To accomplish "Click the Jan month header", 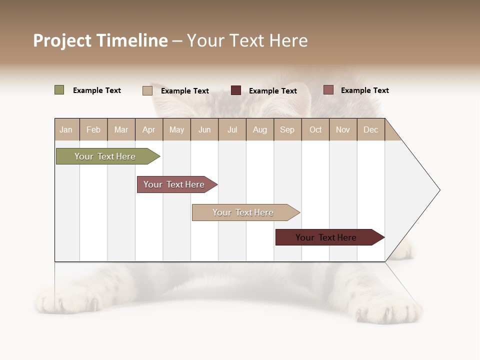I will (x=66, y=129).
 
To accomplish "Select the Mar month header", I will (x=121, y=129).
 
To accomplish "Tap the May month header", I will (x=176, y=129).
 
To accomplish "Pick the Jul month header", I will (x=232, y=129).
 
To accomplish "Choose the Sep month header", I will (x=287, y=129).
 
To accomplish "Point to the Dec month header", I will (x=370, y=129).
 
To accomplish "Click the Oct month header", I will (x=315, y=129).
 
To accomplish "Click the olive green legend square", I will (x=59, y=90).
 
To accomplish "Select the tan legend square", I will (x=147, y=90).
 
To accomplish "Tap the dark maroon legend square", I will (x=236, y=90).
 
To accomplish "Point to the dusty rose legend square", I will (x=328, y=90).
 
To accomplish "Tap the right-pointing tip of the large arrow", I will (x=438, y=190).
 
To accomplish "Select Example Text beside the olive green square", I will (x=97, y=90).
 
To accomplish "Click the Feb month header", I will (x=93, y=129).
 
